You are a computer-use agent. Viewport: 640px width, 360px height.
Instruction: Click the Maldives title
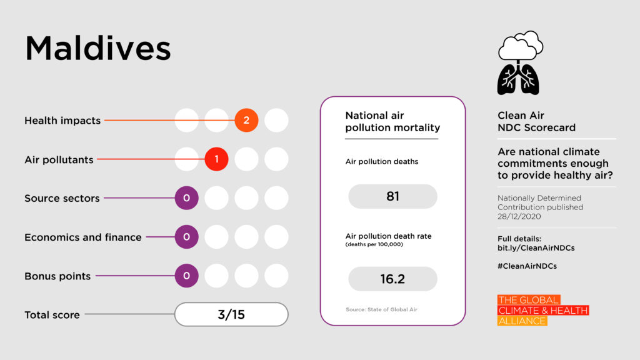click(98, 49)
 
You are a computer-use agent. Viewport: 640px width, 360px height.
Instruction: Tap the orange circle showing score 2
click(246, 121)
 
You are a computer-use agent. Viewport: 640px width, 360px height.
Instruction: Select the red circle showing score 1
click(216, 159)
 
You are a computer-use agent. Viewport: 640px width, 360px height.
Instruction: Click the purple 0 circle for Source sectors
click(186, 198)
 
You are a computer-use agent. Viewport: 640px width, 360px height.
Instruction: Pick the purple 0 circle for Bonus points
click(186, 276)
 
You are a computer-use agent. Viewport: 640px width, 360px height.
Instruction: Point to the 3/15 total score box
click(231, 314)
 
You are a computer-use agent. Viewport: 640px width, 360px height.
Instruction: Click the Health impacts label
click(62, 121)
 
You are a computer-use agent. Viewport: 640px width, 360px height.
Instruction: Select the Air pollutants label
click(59, 159)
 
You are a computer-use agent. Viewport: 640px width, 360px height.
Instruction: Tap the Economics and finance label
click(83, 237)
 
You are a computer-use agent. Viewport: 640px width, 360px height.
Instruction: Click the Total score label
click(52, 315)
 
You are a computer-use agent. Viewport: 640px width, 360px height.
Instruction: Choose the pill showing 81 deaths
click(392, 196)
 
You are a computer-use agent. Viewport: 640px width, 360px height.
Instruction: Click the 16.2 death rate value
click(392, 279)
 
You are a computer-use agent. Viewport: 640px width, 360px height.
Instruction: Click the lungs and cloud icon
click(519, 62)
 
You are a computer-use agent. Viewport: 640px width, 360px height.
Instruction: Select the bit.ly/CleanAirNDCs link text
click(536, 248)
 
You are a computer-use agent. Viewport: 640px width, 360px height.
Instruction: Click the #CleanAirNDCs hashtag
click(527, 266)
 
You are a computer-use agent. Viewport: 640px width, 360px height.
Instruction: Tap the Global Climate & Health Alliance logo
click(542, 311)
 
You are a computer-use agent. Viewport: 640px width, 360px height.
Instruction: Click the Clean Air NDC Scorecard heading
click(536, 121)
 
